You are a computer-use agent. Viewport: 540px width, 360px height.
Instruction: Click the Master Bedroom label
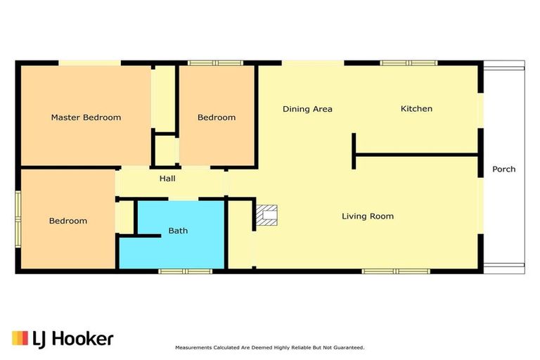pos(86,117)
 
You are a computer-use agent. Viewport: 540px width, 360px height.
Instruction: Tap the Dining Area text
pos(307,109)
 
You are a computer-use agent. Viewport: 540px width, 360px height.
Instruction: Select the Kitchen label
pos(416,109)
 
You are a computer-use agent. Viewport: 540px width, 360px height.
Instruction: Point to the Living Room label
pos(368,217)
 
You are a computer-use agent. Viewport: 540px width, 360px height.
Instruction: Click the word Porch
pos(503,169)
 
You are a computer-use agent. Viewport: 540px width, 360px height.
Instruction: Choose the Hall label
pos(167,179)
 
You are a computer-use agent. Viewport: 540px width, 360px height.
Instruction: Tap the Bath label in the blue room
pos(178,231)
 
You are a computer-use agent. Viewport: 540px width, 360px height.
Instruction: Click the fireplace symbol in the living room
pos(266,216)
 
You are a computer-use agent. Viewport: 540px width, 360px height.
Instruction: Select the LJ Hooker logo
pos(63,339)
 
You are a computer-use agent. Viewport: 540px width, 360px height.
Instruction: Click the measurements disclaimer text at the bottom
pos(269,347)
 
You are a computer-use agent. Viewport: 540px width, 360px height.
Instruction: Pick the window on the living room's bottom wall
pos(395,271)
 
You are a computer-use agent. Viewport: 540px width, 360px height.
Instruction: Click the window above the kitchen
pos(409,63)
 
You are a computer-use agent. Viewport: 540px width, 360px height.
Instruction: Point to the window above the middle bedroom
pos(215,63)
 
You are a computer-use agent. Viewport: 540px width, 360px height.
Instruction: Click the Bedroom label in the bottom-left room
pos(68,221)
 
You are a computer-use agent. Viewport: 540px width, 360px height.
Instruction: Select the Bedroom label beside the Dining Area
pos(216,117)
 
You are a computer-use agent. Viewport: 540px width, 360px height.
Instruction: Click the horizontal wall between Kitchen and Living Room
pos(418,154)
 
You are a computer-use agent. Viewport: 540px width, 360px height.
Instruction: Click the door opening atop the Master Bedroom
pos(89,63)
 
